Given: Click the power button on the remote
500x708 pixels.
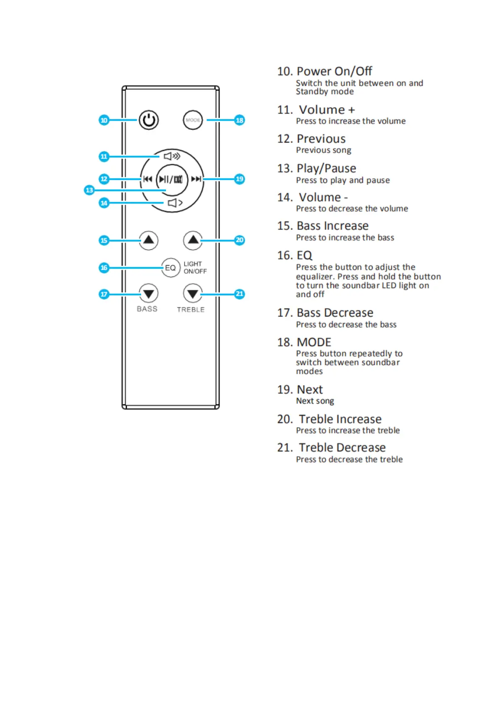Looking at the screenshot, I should [149, 120].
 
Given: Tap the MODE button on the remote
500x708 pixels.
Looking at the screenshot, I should [193, 120].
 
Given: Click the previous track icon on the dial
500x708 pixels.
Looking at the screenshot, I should [147, 179].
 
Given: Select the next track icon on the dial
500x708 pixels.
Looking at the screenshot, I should [196, 179].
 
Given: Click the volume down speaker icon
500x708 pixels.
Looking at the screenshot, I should [175, 203].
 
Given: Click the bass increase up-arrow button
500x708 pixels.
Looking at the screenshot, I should [149, 240].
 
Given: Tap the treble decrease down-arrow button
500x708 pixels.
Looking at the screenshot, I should [193, 293].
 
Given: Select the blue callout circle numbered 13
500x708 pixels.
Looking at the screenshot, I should [89, 190].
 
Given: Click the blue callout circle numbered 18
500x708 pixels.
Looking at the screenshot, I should [239, 120].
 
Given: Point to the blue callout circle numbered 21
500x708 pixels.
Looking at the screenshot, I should [239, 294].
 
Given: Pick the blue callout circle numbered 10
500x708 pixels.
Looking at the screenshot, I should [104, 120].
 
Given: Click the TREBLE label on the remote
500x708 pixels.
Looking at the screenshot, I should [191, 310].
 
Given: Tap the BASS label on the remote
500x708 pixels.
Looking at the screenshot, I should [147, 309].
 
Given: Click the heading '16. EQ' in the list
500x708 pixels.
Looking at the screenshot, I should [295, 256].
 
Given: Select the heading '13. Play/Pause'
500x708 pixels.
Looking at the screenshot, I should [317, 169].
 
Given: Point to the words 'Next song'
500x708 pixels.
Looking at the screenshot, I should [315, 401].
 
